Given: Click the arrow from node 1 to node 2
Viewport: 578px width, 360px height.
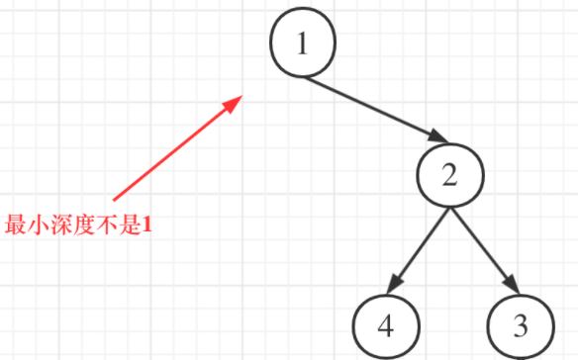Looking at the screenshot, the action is pyautogui.click(x=377, y=110).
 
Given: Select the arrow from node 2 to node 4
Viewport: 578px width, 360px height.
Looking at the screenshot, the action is pyautogui.click(x=419, y=251).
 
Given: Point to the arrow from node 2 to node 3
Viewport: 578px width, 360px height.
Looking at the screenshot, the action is pyautogui.click(x=485, y=250).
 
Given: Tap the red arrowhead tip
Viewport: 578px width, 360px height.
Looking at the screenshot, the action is pyautogui.click(x=242, y=96).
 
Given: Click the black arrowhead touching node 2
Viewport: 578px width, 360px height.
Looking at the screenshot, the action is pyautogui.click(x=438, y=136).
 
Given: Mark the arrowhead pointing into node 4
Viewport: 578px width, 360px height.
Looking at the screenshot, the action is pyautogui.click(x=394, y=285).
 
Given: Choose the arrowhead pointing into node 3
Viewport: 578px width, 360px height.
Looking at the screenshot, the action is pyautogui.click(x=512, y=284).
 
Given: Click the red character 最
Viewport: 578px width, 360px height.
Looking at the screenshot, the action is pyautogui.click(x=16, y=225).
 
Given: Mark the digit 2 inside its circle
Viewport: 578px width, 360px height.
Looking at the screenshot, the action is pyautogui.click(x=449, y=175).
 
